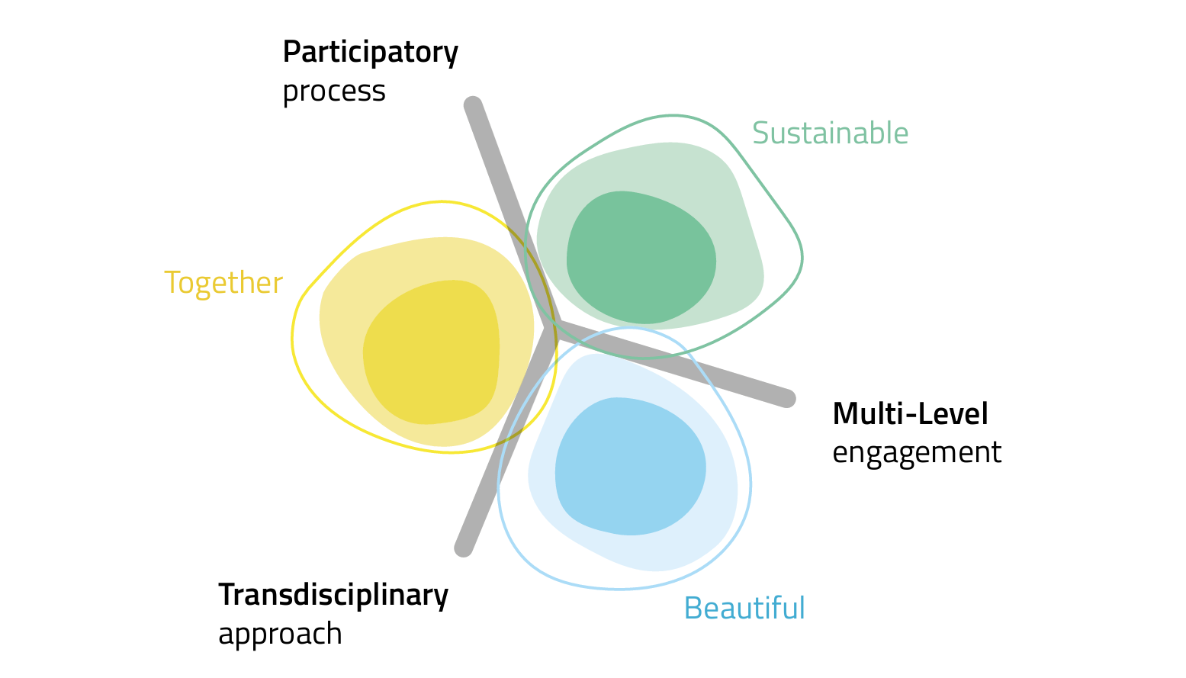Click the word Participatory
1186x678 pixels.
point(370,53)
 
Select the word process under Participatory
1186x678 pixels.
point(333,92)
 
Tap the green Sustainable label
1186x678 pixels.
point(830,133)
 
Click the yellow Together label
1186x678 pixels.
point(223,283)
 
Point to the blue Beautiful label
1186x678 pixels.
point(744,609)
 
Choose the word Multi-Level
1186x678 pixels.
point(910,414)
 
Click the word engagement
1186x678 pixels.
point(916,453)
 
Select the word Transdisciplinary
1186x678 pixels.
point(333,595)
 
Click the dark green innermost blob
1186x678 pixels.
point(641,257)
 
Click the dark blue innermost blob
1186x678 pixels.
point(630,465)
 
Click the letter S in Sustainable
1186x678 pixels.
point(760,133)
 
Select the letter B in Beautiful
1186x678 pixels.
point(693,609)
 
